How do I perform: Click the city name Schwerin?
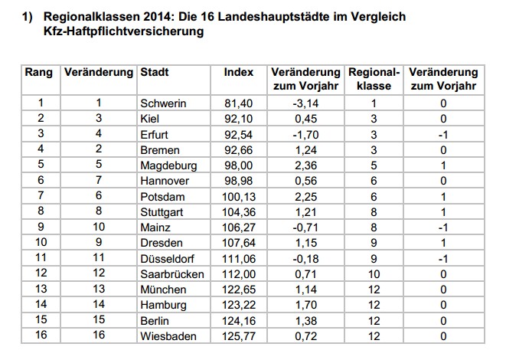click(x=165, y=103)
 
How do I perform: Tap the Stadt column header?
click(x=155, y=73)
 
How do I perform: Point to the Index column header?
click(x=238, y=73)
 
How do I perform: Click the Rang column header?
click(x=39, y=73)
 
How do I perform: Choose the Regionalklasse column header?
click(x=374, y=79)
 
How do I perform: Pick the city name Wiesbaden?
click(x=168, y=336)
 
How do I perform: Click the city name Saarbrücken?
click(x=171, y=273)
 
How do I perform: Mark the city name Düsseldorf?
click(x=168, y=258)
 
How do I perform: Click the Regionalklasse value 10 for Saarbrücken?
click(x=374, y=273)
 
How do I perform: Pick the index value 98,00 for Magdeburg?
click(x=238, y=165)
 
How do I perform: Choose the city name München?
click(x=162, y=290)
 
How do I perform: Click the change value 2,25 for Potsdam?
click(x=305, y=196)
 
